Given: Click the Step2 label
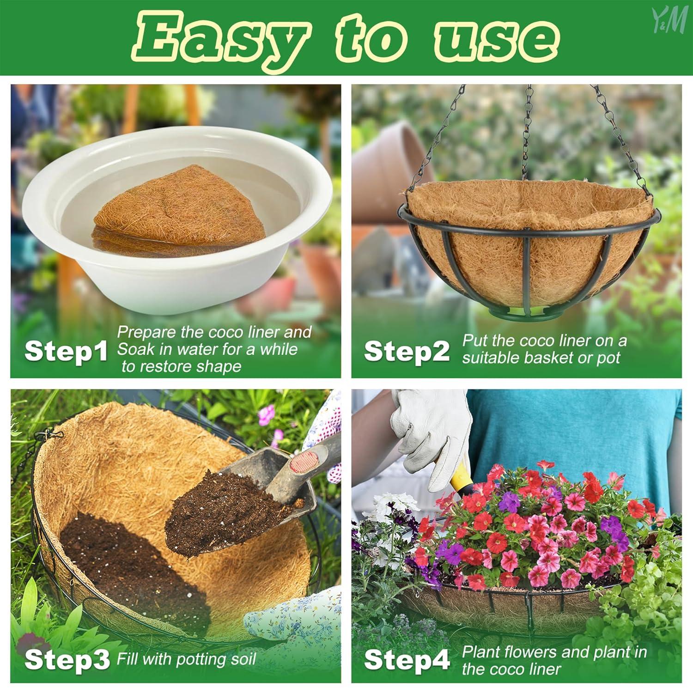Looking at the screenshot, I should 407,352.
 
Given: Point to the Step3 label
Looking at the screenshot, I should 67,660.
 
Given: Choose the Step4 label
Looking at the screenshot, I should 407,660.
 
